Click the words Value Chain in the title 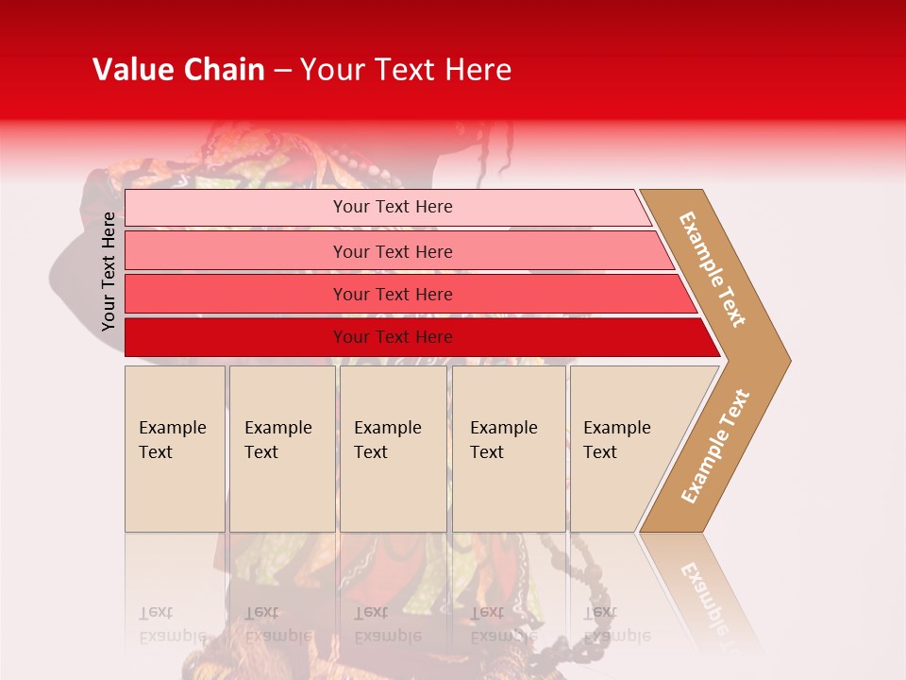178,70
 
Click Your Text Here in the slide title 406,70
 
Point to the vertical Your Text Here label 109,271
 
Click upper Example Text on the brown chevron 713,269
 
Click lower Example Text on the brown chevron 715,447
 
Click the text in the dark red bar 393,337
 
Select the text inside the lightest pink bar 393,207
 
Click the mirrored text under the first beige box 172,624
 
